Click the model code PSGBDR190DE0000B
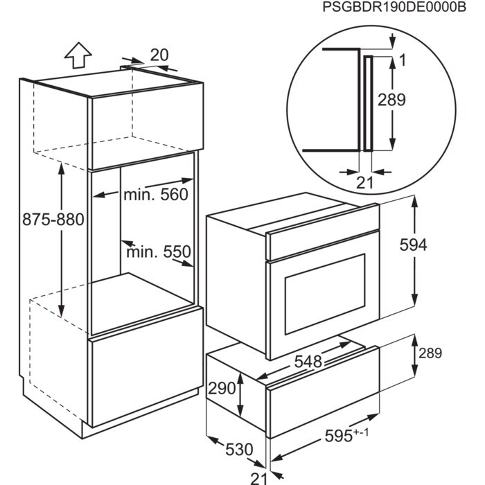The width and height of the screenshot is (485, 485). pos(394,8)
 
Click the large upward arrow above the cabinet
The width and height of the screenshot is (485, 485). pos(78,55)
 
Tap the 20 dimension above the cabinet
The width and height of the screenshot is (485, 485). pos(159,55)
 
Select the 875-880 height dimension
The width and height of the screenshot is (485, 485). pos(53,220)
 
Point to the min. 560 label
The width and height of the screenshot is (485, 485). pos(156,195)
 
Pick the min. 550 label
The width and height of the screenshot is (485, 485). pos(159,252)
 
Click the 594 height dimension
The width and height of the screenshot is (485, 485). pos(413,245)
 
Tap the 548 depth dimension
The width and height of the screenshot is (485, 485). pos(308,361)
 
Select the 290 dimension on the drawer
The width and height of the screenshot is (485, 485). pos(222,388)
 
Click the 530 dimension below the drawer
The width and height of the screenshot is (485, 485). pos(239,450)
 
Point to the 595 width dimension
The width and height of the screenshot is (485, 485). pos(346,435)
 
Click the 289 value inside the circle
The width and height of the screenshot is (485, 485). pos(391,100)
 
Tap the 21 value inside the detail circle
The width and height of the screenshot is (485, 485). pos(365,182)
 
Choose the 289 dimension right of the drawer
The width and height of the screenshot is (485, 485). pos(430,353)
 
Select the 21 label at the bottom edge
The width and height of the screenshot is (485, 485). pos(258,478)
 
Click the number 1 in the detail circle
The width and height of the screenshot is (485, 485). pos(403,60)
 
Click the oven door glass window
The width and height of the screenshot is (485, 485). pos(325,294)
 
